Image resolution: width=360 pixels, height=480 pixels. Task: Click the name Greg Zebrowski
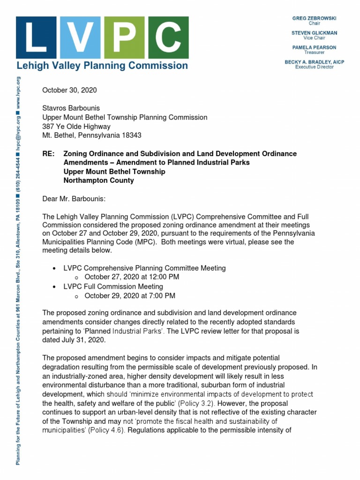[314, 18]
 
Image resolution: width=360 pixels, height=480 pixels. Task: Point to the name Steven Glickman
[314, 33]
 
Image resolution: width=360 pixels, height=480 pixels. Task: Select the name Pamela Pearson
[314, 48]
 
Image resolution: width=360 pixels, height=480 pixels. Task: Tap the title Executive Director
[314, 67]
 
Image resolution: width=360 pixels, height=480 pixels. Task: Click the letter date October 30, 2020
[70, 90]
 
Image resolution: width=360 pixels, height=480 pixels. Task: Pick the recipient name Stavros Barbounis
[71, 108]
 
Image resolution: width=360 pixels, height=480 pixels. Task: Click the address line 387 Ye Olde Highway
[76, 126]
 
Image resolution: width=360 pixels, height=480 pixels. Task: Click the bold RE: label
[49, 154]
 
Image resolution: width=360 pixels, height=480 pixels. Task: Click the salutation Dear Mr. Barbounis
[75, 199]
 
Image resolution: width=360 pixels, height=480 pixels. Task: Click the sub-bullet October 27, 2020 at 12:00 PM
[131, 277]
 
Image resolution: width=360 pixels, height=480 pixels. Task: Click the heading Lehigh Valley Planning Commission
[102, 66]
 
